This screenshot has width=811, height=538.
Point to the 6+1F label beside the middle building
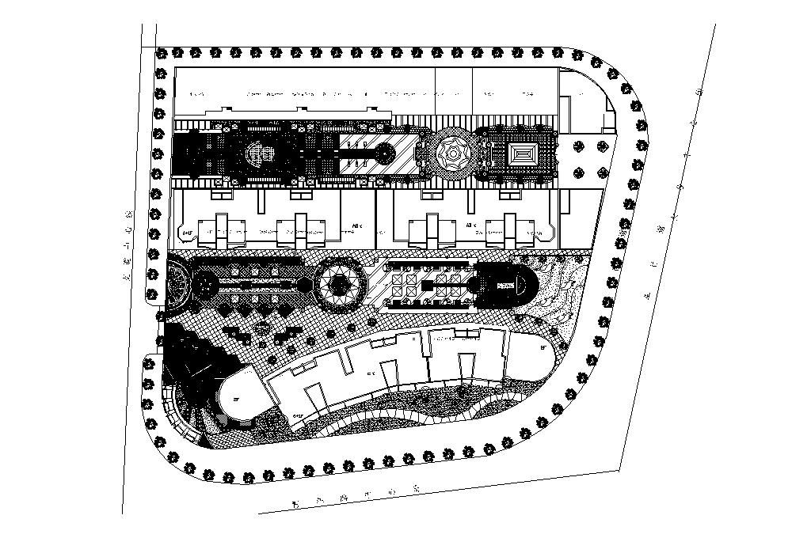click(188, 233)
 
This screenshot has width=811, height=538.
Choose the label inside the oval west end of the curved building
click(235, 400)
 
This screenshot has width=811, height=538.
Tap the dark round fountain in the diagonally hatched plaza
click(386, 153)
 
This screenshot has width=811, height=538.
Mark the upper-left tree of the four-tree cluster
click(580, 146)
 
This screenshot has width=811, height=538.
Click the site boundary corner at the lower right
click(619, 469)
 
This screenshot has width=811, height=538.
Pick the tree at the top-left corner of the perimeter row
click(162, 54)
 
